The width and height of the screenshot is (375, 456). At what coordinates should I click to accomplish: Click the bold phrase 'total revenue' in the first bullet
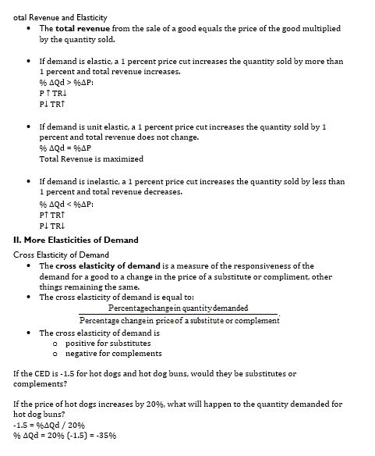[81, 28]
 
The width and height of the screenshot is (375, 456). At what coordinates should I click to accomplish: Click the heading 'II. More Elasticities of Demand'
[76, 240]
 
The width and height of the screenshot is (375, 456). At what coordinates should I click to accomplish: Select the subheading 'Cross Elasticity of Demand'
[62, 255]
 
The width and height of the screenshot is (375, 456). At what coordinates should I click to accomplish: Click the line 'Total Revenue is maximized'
[91, 159]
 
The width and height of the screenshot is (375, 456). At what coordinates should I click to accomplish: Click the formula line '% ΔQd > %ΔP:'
[66, 82]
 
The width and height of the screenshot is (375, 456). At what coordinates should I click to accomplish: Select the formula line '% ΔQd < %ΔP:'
[66, 203]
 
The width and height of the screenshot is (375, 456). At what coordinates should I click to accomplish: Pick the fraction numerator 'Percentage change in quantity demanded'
[179, 308]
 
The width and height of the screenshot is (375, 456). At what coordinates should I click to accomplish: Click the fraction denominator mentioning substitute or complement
[179, 320]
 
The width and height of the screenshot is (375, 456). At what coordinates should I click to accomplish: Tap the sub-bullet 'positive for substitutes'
[108, 343]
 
